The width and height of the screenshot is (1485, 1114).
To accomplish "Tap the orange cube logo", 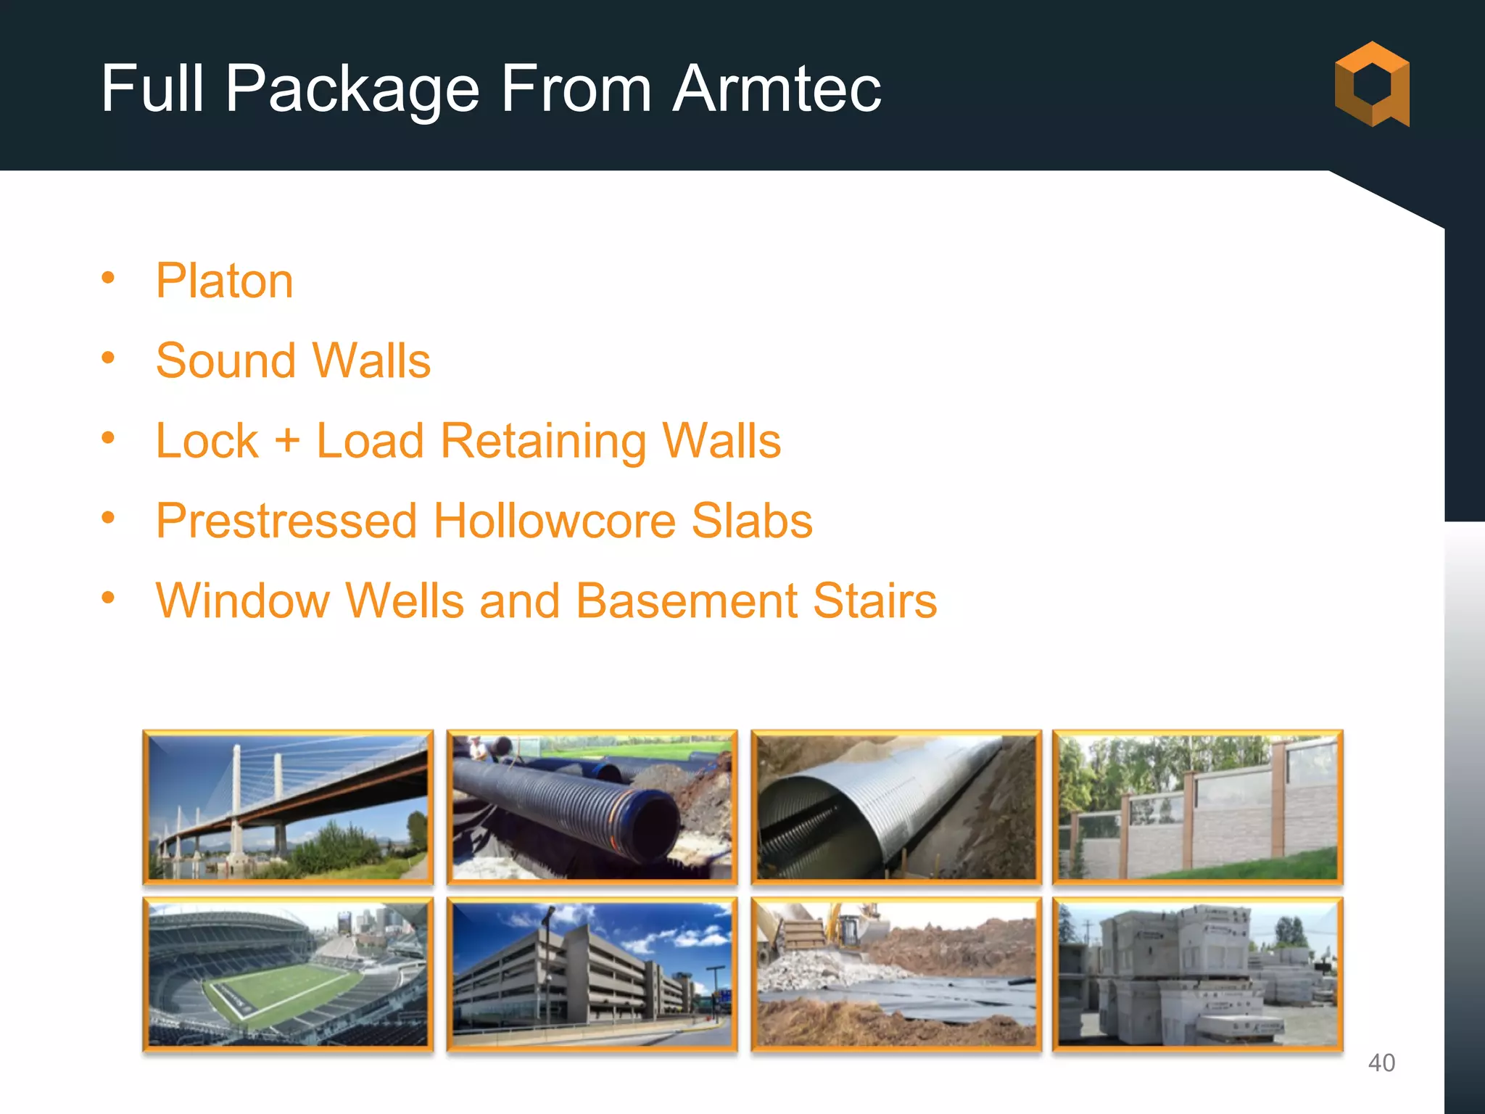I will point(1372,84).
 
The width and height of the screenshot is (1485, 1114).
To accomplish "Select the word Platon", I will point(224,281).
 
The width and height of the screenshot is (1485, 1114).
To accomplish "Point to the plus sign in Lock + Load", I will point(287,441).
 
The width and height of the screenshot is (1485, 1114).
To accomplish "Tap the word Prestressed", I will point(286,521).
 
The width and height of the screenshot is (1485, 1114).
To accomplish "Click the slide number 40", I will point(1381,1063).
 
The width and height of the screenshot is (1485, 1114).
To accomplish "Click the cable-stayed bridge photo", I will point(288,807).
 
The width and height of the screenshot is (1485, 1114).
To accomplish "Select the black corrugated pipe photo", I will point(592,807).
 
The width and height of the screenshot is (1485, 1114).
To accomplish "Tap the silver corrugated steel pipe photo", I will point(896,807).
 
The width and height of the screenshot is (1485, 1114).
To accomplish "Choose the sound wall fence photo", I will point(1198,807).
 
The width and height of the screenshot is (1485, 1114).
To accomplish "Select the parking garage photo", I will point(592,974).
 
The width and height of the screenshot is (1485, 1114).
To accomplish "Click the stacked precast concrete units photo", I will point(1198,974).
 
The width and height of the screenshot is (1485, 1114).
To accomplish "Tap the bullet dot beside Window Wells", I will point(109,598).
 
